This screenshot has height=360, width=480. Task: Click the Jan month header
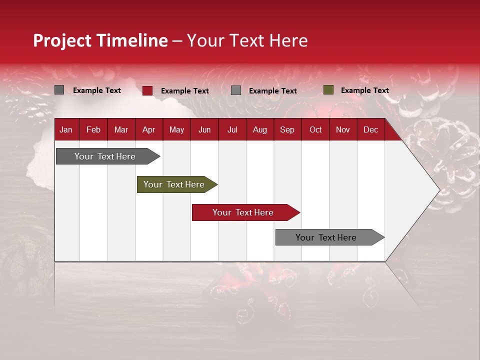pos(66,129)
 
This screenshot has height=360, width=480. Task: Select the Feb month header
pos(93,129)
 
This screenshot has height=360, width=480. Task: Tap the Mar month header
pos(121,129)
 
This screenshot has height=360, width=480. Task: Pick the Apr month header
pos(148,129)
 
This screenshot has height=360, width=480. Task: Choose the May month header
pos(176,129)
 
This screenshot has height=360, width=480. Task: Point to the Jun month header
pos(204,129)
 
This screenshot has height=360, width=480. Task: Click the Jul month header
pos(232,129)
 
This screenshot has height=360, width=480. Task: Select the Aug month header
pos(259,129)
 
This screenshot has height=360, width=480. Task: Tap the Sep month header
pos(287,129)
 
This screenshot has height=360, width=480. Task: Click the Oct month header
pos(315,129)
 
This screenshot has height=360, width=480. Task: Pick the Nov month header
pos(343,129)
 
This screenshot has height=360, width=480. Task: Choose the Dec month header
pos(370,129)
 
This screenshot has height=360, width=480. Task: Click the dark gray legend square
pos(59,90)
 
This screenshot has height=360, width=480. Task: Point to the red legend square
pos(147,90)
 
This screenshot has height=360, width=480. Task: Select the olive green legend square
pos(328,90)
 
